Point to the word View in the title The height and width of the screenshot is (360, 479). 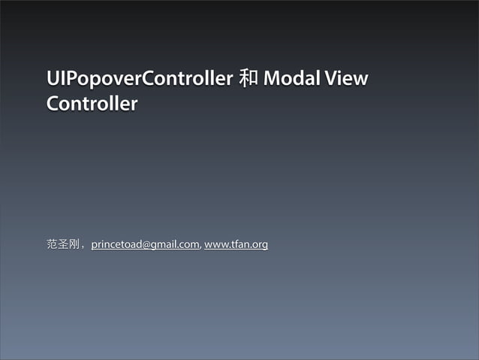pyautogui.click(x=348, y=78)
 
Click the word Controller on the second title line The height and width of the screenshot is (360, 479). pyautogui.click(x=92, y=104)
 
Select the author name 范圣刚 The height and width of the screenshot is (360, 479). pyautogui.click(x=63, y=244)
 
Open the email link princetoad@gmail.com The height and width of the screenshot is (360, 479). pyautogui.click(x=146, y=244)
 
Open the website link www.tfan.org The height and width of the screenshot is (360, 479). pyautogui.click(x=236, y=244)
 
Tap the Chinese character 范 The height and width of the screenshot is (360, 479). pyautogui.click(x=52, y=244)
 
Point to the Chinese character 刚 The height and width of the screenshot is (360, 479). pyautogui.click(x=74, y=244)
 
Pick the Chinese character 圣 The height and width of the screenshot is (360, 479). pyautogui.click(x=63, y=244)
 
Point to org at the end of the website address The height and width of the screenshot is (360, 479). pyautogui.click(x=260, y=244)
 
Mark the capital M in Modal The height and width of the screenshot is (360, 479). pyautogui.click(x=272, y=78)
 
